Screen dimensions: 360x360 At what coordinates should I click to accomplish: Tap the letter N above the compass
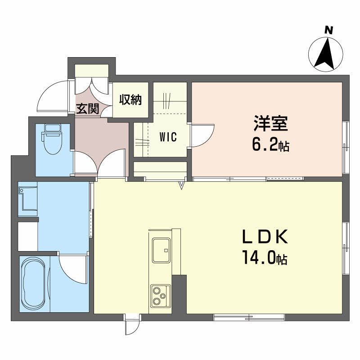329,30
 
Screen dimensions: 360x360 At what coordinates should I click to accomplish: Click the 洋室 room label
270,123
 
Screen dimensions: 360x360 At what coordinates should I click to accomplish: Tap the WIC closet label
167,137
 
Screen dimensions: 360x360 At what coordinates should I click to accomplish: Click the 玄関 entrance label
87,109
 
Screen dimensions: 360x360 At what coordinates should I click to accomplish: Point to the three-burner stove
160,295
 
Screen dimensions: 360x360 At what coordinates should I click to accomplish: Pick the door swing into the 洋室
202,133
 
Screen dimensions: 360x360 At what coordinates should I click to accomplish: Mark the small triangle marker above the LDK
182,185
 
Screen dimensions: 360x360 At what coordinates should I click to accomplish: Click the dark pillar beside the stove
179,295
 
